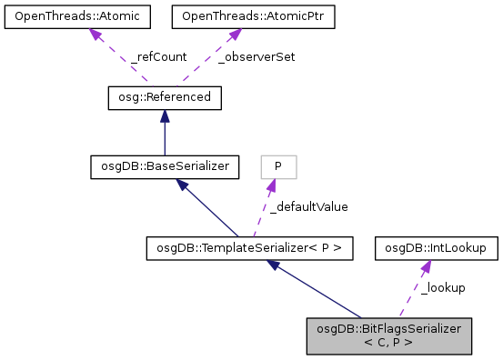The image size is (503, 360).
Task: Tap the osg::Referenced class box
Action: click(164, 96)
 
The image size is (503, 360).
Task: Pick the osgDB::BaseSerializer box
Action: click(164, 166)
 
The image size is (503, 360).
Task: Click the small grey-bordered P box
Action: click(278, 166)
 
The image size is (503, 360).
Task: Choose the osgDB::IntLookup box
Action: click(435, 246)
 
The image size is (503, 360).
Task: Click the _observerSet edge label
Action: click(257, 56)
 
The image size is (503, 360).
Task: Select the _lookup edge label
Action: click(443, 287)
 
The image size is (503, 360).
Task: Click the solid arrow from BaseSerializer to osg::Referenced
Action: click(164, 132)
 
